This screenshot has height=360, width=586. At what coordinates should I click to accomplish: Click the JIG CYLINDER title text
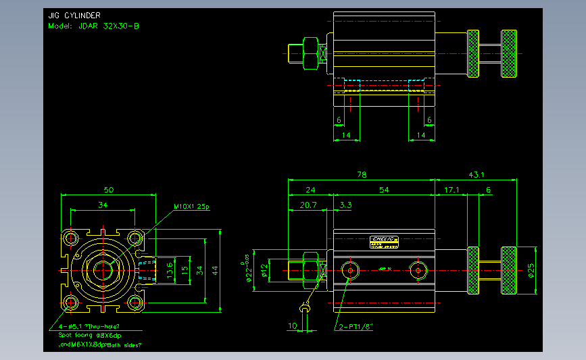click(x=74, y=16)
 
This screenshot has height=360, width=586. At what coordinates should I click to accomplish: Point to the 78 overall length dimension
click(x=361, y=174)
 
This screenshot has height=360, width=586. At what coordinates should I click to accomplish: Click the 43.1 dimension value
click(x=476, y=174)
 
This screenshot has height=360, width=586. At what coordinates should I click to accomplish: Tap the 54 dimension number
click(x=384, y=190)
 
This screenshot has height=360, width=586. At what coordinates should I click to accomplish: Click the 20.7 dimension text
click(x=308, y=204)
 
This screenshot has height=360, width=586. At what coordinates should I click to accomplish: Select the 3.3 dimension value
click(x=345, y=204)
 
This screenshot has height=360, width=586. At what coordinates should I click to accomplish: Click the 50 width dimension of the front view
click(x=107, y=189)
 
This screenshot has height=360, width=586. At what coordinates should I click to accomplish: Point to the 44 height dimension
click(x=215, y=270)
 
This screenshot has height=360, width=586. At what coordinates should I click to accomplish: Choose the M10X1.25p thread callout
click(x=192, y=207)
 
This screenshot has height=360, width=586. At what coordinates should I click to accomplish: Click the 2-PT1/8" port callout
click(x=356, y=328)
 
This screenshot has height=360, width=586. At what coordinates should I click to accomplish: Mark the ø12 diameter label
click(x=265, y=271)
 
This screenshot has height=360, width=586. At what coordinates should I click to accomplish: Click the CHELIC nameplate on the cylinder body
click(x=385, y=239)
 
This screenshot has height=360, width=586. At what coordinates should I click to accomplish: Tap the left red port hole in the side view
click(x=350, y=270)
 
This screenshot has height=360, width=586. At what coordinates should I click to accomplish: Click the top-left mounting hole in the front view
click(x=70, y=238)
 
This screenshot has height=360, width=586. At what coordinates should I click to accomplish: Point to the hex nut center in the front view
click(x=103, y=270)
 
